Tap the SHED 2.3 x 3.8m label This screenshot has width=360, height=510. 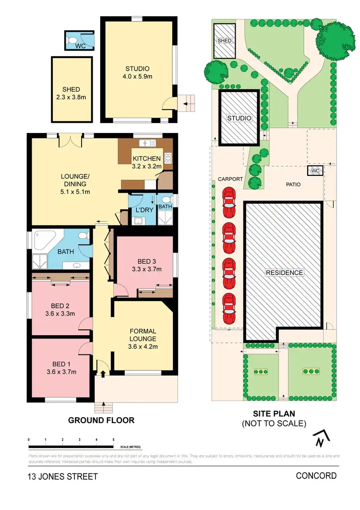pos(71,93)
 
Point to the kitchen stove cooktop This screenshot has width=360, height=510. pos(168,158)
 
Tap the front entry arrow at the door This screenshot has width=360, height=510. pos(102,371)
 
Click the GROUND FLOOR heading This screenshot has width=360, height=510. pos(101,420)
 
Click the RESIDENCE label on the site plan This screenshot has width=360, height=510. pos(285,273)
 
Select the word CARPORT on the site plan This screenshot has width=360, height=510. pos(230,179)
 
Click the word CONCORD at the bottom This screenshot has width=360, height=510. pos(316,476)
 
